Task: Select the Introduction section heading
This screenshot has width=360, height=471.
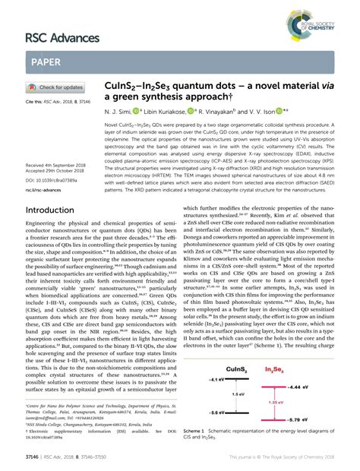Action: click(x=60, y=210)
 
